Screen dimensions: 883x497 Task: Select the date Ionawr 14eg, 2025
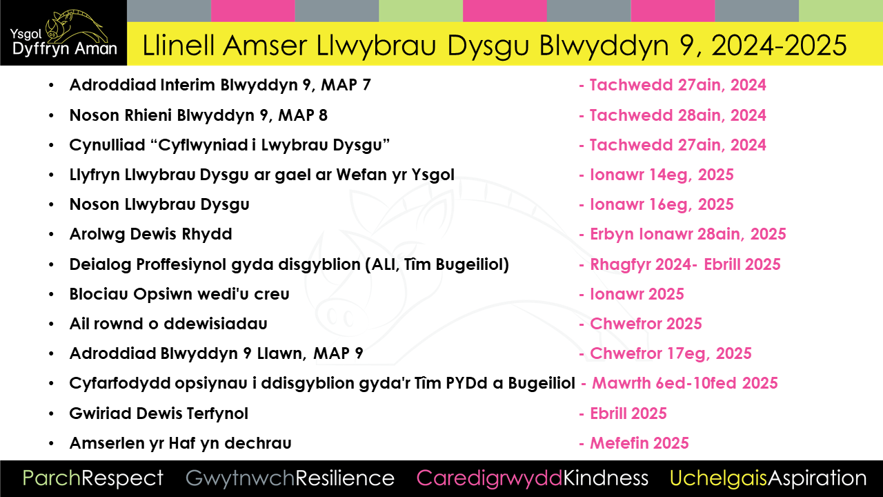pyautogui.click(x=662, y=175)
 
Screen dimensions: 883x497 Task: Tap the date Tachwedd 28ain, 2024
pyautogui.click(x=677, y=115)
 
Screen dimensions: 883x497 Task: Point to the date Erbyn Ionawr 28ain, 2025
pyautogui.click(x=688, y=234)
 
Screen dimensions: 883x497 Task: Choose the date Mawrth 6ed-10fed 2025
pyautogui.click(x=685, y=383)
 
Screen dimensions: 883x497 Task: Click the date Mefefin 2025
pyautogui.click(x=639, y=443)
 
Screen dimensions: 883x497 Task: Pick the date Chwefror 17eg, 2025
pyautogui.click(x=671, y=353)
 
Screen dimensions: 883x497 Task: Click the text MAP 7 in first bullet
pyautogui.click(x=346, y=85)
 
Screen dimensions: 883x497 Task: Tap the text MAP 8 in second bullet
pyautogui.click(x=303, y=115)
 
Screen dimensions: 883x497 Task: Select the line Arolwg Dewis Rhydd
pyautogui.click(x=150, y=234)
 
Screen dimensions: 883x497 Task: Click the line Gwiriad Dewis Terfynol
pyautogui.click(x=159, y=413)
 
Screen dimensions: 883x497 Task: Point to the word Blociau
pyautogui.click(x=99, y=294)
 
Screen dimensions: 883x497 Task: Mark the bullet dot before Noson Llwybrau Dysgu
pyautogui.click(x=51, y=204)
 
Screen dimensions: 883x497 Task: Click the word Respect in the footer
pyautogui.click(x=122, y=478)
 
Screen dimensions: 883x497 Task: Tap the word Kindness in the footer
pyautogui.click(x=606, y=478)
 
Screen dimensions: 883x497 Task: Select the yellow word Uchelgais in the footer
pyautogui.click(x=718, y=478)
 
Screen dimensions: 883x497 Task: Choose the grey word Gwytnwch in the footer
pyautogui.click(x=240, y=478)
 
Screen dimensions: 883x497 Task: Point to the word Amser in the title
pyautogui.click(x=264, y=46)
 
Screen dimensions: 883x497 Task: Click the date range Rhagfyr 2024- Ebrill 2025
pyautogui.click(x=685, y=264)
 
